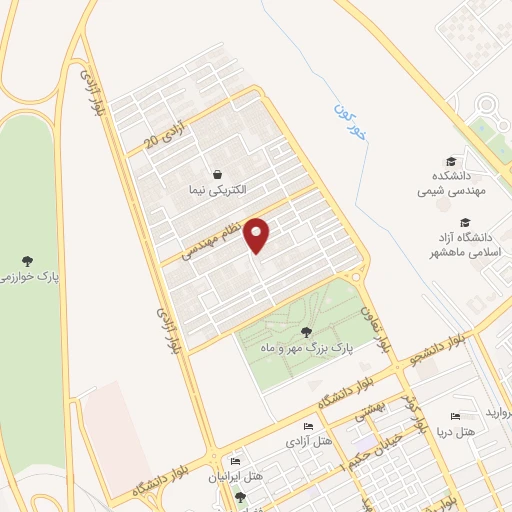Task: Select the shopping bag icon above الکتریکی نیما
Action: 217,172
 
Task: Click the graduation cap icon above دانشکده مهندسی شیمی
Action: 451,160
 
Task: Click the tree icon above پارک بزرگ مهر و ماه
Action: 305,333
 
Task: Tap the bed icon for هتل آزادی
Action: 308,427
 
